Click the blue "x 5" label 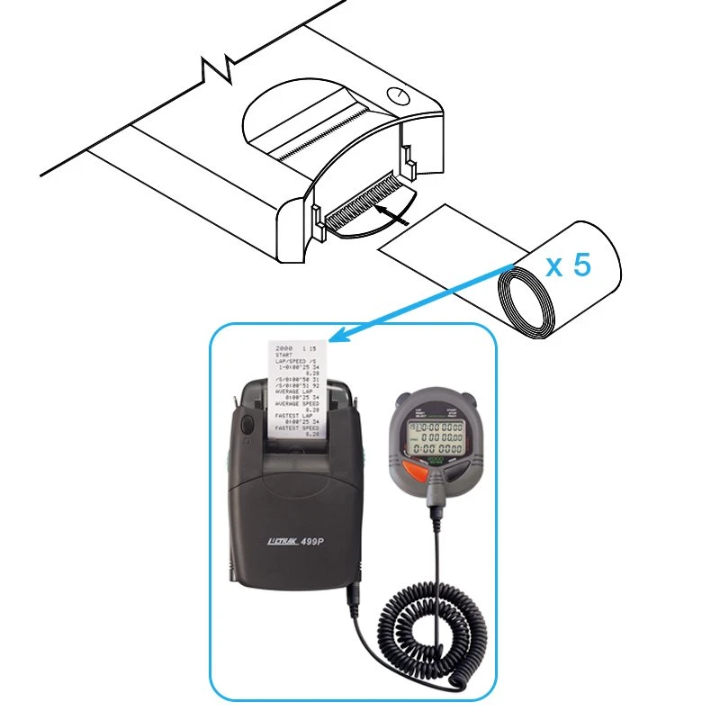[569, 266]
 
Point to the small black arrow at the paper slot [393, 212]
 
